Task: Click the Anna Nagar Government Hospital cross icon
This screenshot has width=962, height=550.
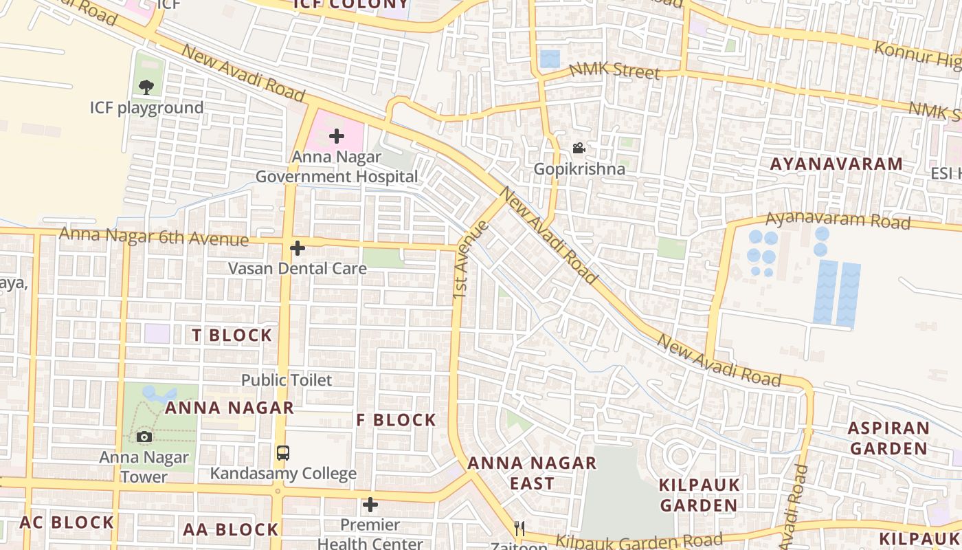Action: coord(336,136)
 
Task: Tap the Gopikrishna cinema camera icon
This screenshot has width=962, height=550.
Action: coord(579,148)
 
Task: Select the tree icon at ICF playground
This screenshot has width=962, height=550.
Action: coord(146,87)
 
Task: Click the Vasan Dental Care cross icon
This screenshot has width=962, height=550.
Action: coord(298,248)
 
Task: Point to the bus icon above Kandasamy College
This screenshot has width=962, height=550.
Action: coord(282,453)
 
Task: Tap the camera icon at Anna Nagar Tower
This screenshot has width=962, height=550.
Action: coord(144,437)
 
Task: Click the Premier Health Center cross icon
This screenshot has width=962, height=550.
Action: coord(370,505)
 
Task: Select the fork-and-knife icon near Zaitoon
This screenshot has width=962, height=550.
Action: coord(519,528)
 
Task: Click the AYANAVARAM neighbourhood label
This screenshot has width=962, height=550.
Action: coord(836,164)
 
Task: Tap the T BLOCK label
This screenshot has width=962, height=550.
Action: coord(232,335)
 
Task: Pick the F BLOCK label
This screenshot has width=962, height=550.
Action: coord(396,420)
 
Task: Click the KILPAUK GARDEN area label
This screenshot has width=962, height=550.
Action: coord(700,495)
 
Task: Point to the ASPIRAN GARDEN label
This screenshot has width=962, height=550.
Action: coord(888,438)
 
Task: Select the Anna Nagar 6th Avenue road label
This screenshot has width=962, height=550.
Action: coord(153,236)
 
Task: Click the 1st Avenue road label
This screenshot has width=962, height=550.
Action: coord(471,260)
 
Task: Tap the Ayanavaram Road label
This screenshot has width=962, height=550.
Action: coord(838,221)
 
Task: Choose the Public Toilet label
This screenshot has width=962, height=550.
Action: coord(286,380)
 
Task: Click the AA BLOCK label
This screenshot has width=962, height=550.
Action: coord(230,529)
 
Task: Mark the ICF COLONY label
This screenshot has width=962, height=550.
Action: coord(350,5)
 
